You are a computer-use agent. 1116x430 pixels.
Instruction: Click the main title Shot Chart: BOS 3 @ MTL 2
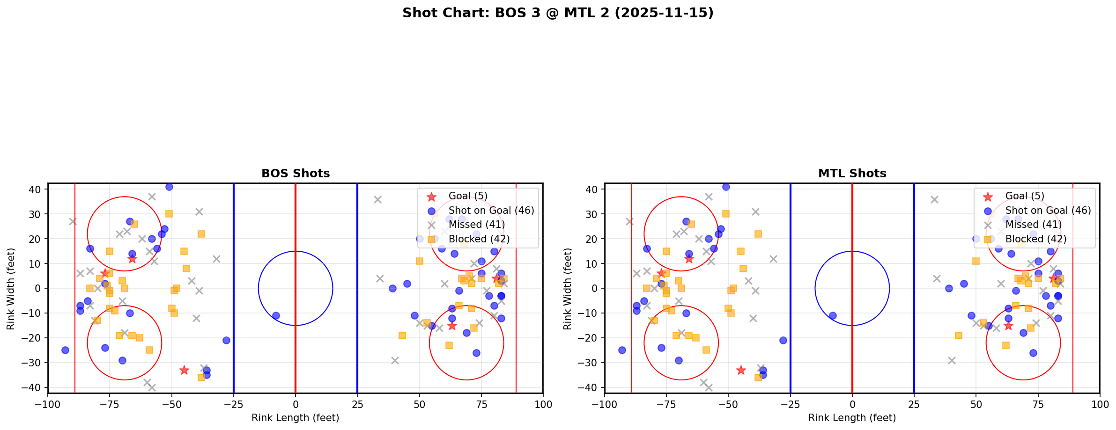(558, 13)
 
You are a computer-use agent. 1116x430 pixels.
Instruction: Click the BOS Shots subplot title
(296, 174)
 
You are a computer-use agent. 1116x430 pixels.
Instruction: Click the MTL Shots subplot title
(852, 174)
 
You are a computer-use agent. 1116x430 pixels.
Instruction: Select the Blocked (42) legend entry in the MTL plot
(1036, 239)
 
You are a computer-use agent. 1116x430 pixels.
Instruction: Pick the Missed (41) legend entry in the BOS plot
(476, 225)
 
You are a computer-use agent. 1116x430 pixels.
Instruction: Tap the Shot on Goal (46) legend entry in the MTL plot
(1048, 211)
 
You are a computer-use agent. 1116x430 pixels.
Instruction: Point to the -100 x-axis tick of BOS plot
(48, 404)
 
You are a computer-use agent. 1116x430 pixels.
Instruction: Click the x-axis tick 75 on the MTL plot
(1038, 404)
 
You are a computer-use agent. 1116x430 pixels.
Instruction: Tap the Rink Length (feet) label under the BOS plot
(296, 418)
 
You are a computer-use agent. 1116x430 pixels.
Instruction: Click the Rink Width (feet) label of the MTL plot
(568, 288)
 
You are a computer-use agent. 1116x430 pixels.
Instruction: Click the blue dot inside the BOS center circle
(276, 315)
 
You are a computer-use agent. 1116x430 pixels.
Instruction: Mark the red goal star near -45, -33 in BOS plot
(184, 370)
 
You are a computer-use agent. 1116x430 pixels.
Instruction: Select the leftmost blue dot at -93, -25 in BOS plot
(65, 350)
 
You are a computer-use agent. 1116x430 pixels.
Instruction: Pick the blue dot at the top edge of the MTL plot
(726, 187)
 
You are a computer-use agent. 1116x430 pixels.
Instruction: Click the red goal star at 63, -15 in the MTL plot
(1008, 325)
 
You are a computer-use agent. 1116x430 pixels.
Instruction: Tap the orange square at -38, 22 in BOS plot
(201, 234)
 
